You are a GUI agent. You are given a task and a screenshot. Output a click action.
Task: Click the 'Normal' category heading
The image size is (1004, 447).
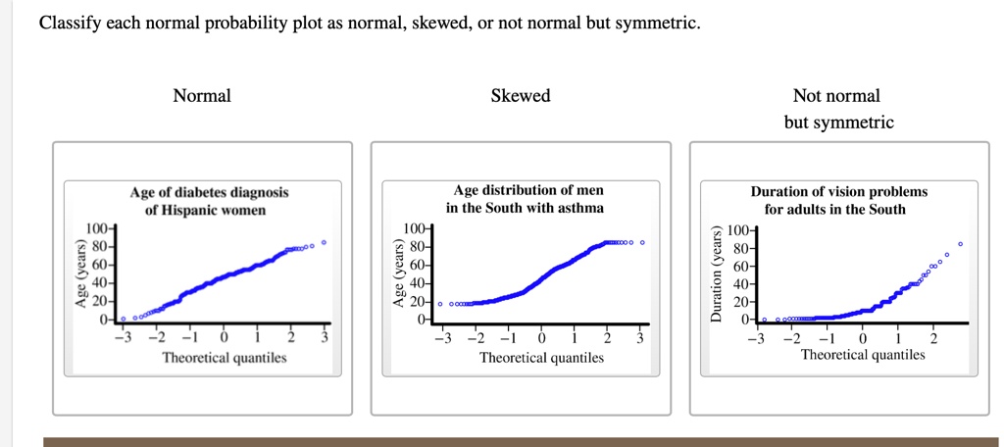pyautogui.click(x=202, y=96)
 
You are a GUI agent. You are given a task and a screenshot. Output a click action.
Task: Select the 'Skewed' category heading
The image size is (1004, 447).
pyautogui.click(x=521, y=96)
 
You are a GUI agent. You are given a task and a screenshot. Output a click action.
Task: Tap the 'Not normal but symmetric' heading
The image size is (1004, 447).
pyautogui.click(x=838, y=109)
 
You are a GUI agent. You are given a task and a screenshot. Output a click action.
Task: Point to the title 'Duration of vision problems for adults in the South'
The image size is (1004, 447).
pyautogui.click(x=838, y=200)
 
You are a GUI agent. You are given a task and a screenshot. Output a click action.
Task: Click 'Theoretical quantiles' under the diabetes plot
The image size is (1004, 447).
pyautogui.click(x=225, y=358)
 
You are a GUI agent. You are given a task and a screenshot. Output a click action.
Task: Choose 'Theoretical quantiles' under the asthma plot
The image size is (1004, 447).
pyautogui.click(x=541, y=358)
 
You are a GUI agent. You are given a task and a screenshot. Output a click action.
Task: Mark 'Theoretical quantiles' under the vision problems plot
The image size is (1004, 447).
pyautogui.click(x=863, y=355)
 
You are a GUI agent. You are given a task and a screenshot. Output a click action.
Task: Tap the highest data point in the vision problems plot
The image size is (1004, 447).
pyautogui.click(x=961, y=243)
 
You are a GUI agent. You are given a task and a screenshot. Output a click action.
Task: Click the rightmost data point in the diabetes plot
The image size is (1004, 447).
pyautogui.click(x=324, y=241)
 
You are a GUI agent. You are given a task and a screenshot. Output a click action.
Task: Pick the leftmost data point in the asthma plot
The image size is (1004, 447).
pyautogui.click(x=440, y=304)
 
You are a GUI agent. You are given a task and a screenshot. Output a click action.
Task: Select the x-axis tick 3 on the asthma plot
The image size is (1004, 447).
pyautogui.click(x=639, y=339)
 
